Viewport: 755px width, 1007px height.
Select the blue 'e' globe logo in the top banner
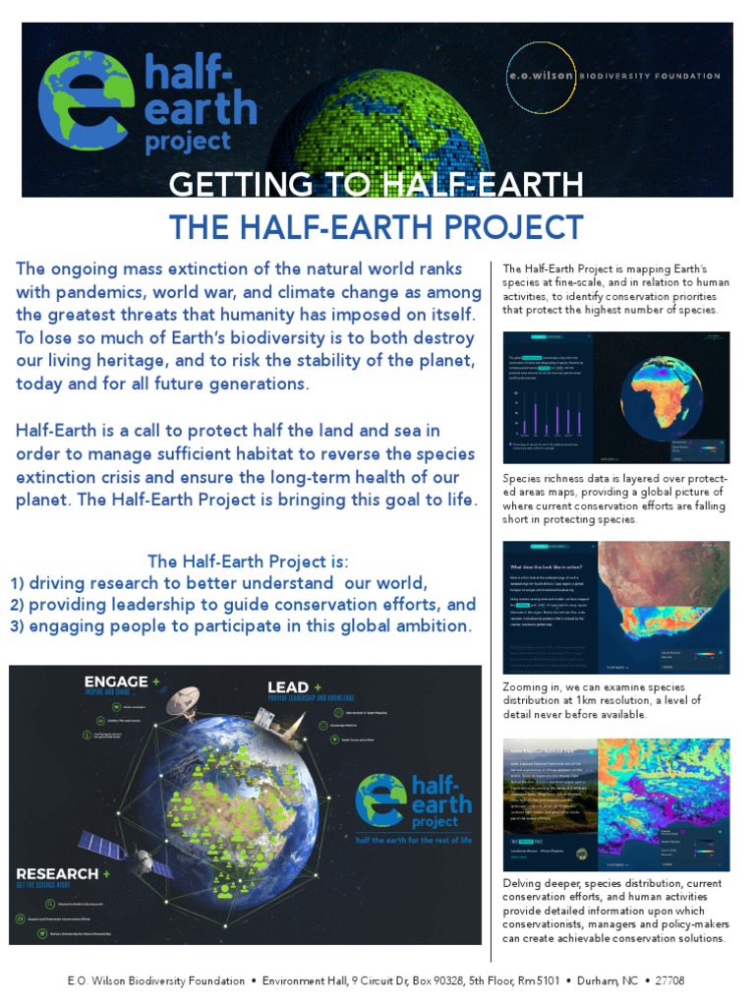tap(87, 100)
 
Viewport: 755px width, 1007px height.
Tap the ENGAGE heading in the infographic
tap(116, 681)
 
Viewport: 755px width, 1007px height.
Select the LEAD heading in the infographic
tap(288, 686)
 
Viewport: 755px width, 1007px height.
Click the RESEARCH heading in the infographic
tap(57, 873)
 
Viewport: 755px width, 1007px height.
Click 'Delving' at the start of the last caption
tap(522, 883)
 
